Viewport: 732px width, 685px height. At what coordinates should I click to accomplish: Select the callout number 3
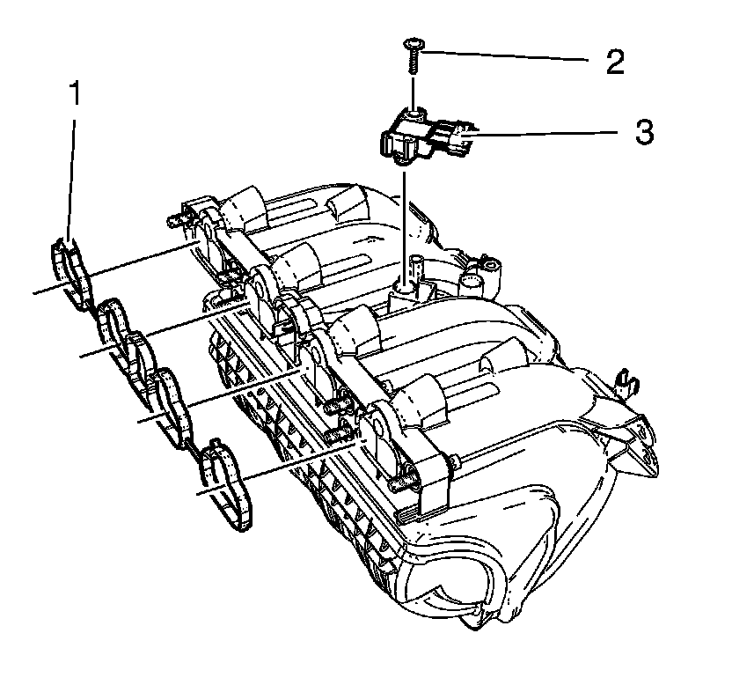pyautogui.click(x=644, y=133)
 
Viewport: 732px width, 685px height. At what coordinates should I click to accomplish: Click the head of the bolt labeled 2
pyautogui.click(x=413, y=43)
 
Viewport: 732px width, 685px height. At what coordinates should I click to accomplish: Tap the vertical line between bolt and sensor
pyautogui.click(x=412, y=92)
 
